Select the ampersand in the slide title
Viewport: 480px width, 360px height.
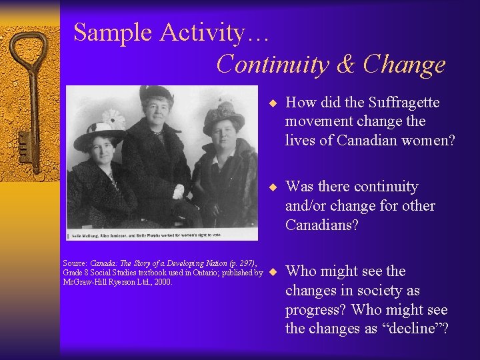(347, 64)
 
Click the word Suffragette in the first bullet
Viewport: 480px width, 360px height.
(397, 102)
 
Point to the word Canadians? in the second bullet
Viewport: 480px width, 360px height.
(322, 225)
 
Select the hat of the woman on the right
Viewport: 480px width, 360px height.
(224, 115)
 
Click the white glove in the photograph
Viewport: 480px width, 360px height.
(178, 192)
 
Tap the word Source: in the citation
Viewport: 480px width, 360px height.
(75, 263)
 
